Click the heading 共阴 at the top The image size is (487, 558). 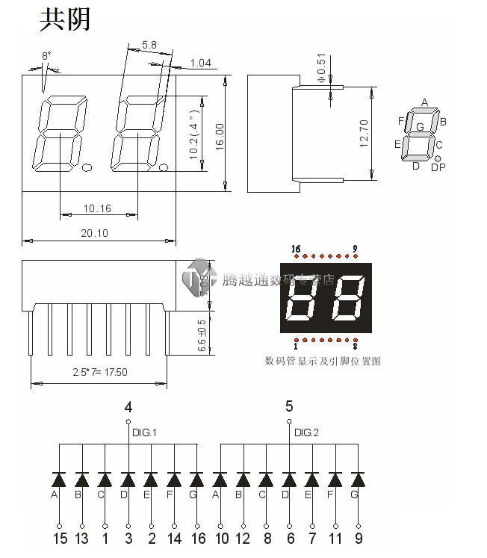(64, 19)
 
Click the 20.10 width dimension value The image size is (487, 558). (95, 233)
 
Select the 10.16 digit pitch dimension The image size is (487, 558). (97, 208)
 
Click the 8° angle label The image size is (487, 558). (46, 56)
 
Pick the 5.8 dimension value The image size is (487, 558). (149, 45)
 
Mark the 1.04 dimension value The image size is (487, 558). (201, 63)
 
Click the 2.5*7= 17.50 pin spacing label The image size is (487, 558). (100, 372)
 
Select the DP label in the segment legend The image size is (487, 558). (439, 167)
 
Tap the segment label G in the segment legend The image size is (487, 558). (420, 127)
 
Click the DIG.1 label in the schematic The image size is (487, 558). (145, 433)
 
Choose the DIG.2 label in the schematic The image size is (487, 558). (306, 433)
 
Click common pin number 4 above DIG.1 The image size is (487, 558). (128, 407)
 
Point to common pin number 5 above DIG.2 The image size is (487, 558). (289, 407)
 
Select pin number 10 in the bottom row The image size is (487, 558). (221, 539)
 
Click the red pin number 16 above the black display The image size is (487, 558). (296, 249)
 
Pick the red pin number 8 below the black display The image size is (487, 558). (355, 346)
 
